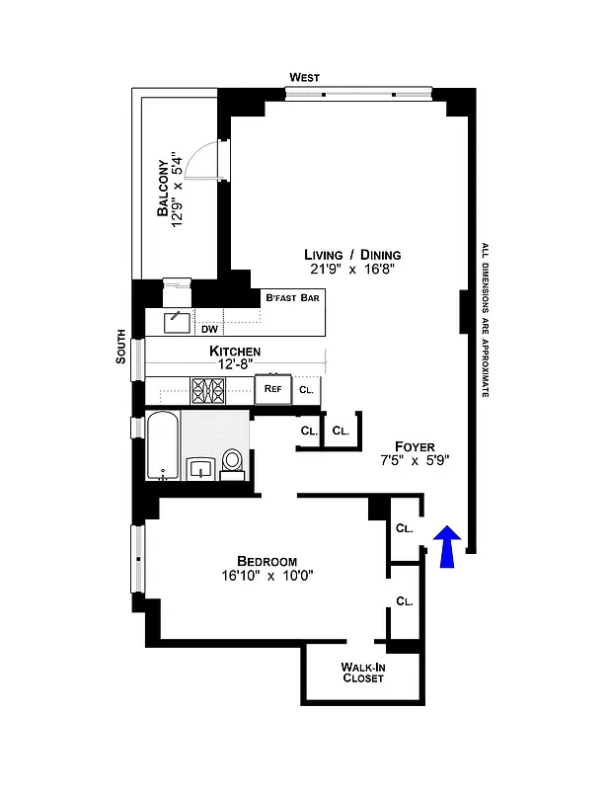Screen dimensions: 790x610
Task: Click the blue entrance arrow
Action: (447, 547)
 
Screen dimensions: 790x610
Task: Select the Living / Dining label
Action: (353, 254)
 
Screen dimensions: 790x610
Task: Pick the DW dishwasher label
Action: (209, 329)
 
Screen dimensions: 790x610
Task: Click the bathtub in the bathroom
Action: (162, 446)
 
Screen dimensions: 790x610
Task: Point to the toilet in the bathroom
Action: (233, 461)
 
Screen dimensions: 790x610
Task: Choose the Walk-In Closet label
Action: (362, 672)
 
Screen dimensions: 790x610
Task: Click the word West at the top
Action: (304, 77)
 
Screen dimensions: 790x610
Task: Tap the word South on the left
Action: (121, 347)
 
